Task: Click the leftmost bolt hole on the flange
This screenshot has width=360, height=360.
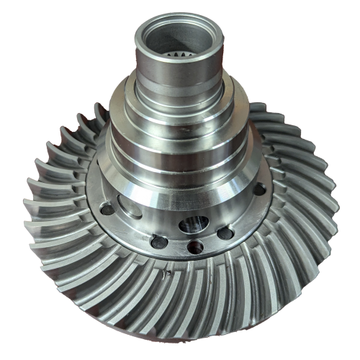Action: click(x=107, y=210)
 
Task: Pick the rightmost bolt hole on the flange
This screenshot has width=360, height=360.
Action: click(x=259, y=189)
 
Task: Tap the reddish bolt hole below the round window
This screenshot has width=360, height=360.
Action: click(x=194, y=248)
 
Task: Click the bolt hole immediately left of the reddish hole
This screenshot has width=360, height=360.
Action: click(x=161, y=242)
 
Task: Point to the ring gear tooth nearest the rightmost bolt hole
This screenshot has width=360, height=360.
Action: click(x=288, y=194)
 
